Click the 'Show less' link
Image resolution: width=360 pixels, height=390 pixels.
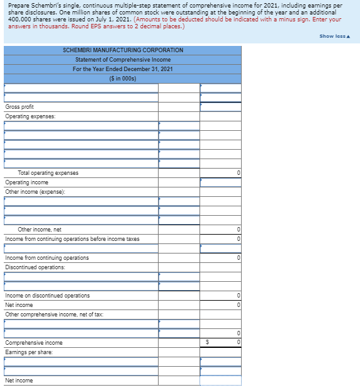(334, 36)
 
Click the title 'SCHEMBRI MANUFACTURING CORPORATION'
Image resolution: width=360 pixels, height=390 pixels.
(123, 50)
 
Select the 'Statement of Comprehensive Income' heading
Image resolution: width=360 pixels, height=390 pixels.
(123, 59)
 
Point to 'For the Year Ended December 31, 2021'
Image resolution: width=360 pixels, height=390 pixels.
(123, 69)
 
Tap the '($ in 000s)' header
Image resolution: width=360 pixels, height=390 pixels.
(123, 78)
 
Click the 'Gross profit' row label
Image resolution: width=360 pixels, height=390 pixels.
(20, 107)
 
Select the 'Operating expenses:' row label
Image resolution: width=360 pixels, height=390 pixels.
(30, 116)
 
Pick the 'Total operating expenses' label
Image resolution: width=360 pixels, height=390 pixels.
(48, 173)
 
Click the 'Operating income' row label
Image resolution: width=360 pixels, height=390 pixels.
(26, 182)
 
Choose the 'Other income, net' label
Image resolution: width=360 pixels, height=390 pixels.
(40, 230)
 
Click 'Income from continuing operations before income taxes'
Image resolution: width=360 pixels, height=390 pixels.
(72, 239)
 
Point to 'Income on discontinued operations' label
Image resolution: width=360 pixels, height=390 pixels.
(47, 296)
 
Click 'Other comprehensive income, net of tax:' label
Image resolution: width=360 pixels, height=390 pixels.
(54, 315)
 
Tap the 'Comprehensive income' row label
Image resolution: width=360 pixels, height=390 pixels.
(34, 343)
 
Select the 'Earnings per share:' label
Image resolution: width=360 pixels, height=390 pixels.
(30, 352)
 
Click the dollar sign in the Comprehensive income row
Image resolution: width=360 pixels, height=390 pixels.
(208, 343)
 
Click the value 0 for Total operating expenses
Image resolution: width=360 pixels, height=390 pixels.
(238, 173)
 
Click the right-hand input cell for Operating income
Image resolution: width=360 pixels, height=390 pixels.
(220, 182)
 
